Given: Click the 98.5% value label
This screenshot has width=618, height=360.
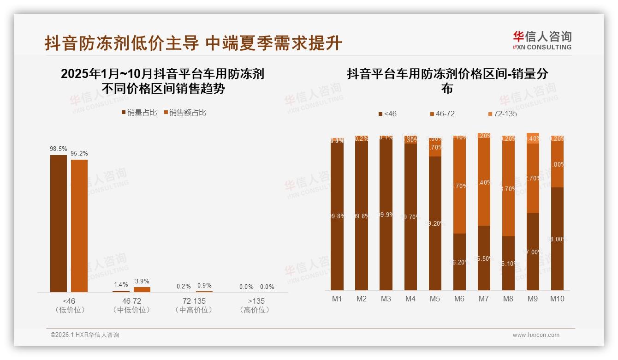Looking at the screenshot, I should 59,149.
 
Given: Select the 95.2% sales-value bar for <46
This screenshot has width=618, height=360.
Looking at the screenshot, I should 79,226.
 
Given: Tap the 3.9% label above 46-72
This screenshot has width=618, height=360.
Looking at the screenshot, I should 142,282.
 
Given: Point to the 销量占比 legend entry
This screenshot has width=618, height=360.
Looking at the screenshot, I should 139,113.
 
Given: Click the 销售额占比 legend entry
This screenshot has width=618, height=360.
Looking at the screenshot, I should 185,113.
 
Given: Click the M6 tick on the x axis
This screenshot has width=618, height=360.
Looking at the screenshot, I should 459,299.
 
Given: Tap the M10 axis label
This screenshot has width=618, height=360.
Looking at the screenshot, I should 557,299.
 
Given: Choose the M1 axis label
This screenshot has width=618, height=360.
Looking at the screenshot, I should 337,299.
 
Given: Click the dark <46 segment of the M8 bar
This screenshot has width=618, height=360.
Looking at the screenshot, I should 508,263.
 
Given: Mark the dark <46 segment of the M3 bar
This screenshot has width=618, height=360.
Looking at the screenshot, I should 386,215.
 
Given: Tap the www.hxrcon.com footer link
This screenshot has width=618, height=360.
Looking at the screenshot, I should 536,335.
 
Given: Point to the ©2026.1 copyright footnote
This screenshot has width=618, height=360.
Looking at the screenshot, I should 85,335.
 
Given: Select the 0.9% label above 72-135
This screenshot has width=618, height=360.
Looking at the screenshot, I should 205,286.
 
